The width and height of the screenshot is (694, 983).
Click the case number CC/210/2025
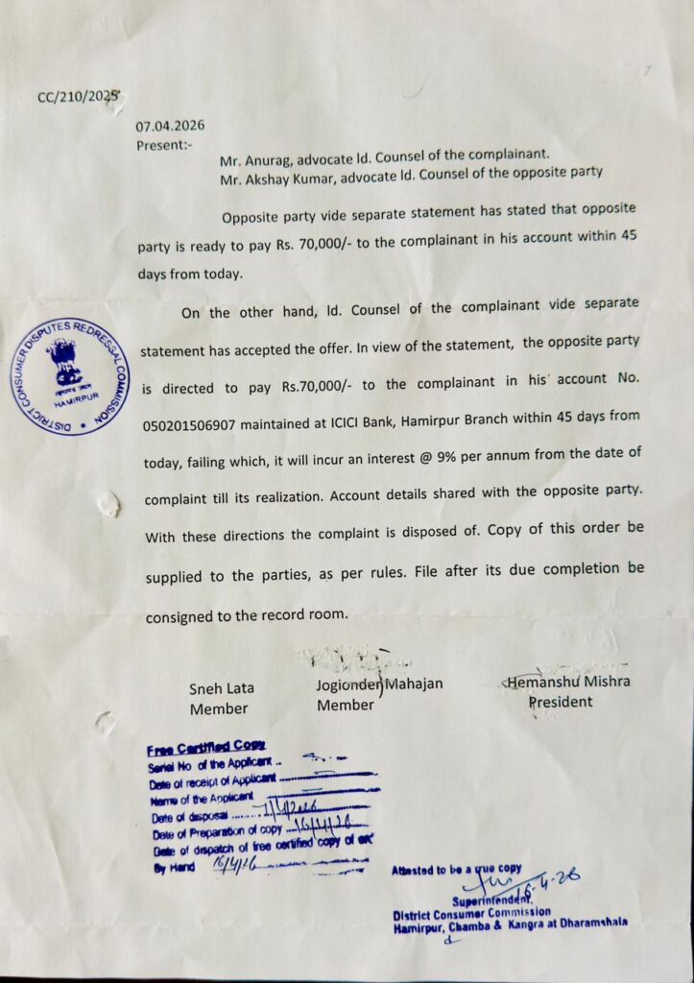[x=79, y=96]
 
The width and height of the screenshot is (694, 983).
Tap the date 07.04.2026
[x=170, y=126]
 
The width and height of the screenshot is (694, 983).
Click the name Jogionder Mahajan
[x=379, y=684]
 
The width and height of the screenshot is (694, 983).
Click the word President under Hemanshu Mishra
[x=561, y=702]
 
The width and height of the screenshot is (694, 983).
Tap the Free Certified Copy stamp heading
[x=206, y=749]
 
